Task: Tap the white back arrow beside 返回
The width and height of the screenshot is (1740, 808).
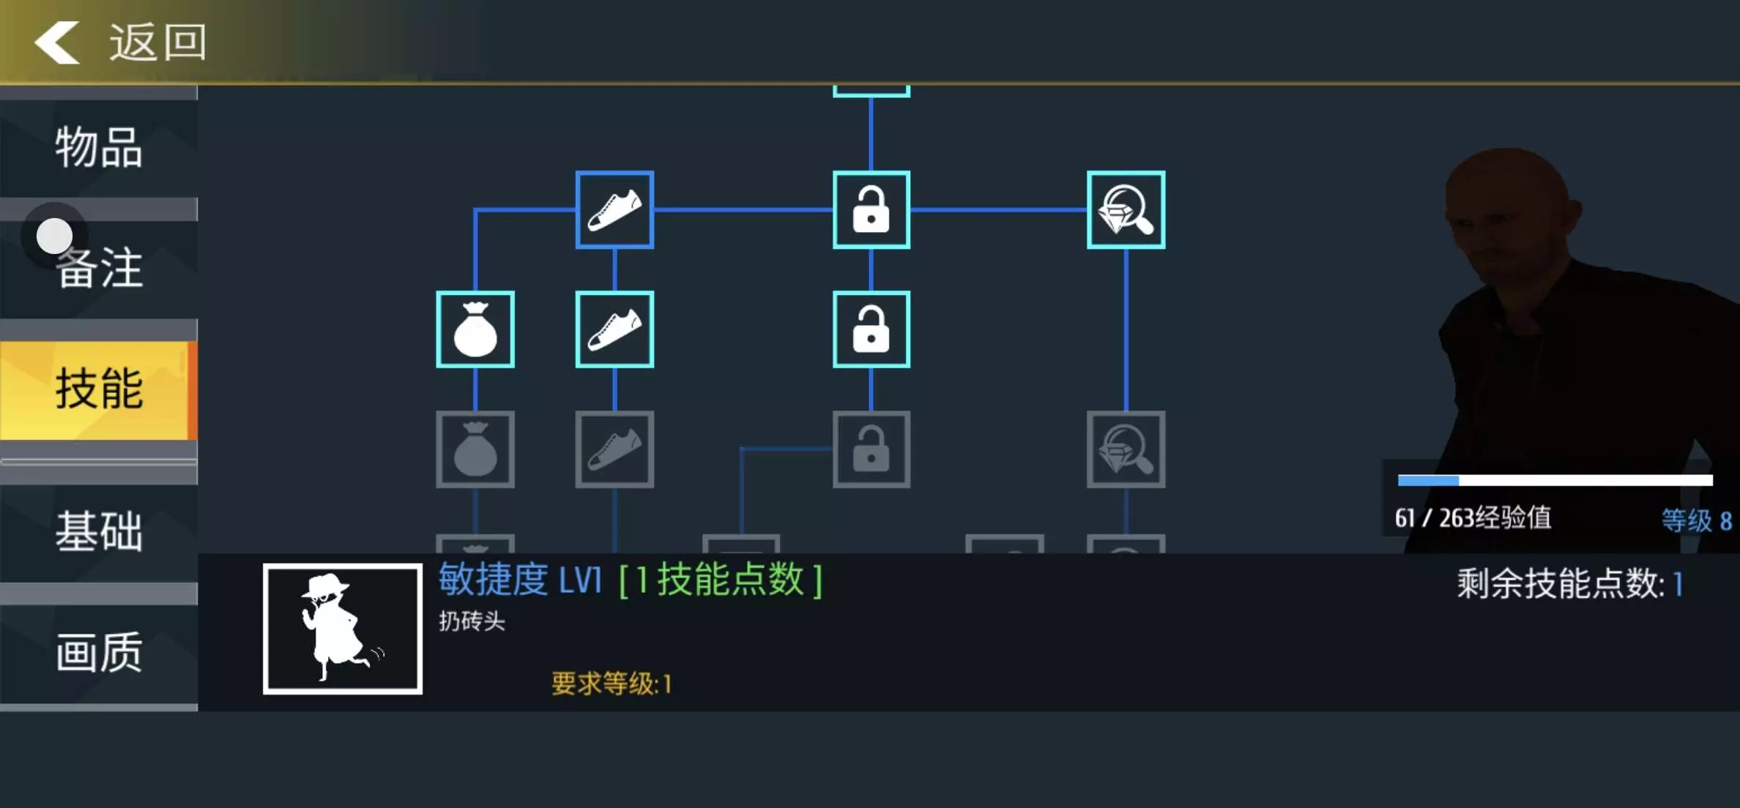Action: pyautogui.click(x=56, y=42)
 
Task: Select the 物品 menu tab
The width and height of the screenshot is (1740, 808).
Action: pyautogui.click(x=99, y=148)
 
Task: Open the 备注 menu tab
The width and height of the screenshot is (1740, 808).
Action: pyautogui.click(x=99, y=269)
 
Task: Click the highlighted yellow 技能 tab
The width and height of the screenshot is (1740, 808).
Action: pyautogui.click(x=99, y=389)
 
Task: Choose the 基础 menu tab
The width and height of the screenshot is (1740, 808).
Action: pyautogui.click(x=99, y=532)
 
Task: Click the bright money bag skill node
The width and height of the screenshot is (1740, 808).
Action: pyautogui.click(x=475, y=329)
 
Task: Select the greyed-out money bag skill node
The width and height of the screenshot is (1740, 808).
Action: pyautogui.click(x=475, y=449)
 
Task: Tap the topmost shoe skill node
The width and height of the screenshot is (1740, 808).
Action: pyautogui.click(x=614, y=210)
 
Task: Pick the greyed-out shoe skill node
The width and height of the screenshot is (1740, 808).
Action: pyautogui.click(x=614, y=449)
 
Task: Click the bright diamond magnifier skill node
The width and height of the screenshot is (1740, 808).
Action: pyautogui.click(x=1126, y=210)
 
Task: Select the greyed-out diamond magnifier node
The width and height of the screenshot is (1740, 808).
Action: pyautogui.click(x=1126, y=449)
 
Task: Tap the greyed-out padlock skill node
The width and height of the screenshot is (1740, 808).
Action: pyautogui.click(x=871, y=449)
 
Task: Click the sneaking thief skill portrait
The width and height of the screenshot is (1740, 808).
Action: pyautogui.click(x=343, y=629)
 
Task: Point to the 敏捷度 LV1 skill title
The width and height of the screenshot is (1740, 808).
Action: pyautogui.click(x=520, y=580)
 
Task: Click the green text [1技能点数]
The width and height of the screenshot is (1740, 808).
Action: pyautogui.click(x=721, y=580)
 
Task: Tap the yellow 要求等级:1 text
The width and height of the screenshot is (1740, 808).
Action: pyautogui.click(x=611, y=684)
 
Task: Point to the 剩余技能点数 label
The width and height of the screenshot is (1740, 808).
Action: pyautogui.click(x=1561, y=584)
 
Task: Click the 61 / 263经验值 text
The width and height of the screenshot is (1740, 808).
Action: pyautogui.click(x=1473, y=518)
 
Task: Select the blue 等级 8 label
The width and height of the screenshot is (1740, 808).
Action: pyautogui.click(x=1696, y=520)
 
